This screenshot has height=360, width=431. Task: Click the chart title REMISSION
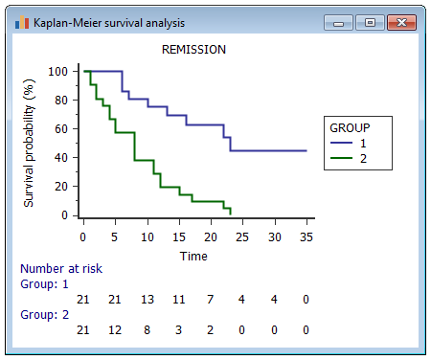tap(194, 49)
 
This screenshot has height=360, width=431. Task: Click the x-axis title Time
tap(193, 256)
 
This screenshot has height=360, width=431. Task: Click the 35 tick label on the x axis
tap(306, 237)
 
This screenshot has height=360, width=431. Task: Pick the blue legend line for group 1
tap(340, 143)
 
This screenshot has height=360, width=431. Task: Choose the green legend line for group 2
tap(340, 158)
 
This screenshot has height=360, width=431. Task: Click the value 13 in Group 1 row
tap(147, 300)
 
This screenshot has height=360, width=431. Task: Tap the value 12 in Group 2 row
tap(115, 330)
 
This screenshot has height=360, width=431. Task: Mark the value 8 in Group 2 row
tap(147, 330)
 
